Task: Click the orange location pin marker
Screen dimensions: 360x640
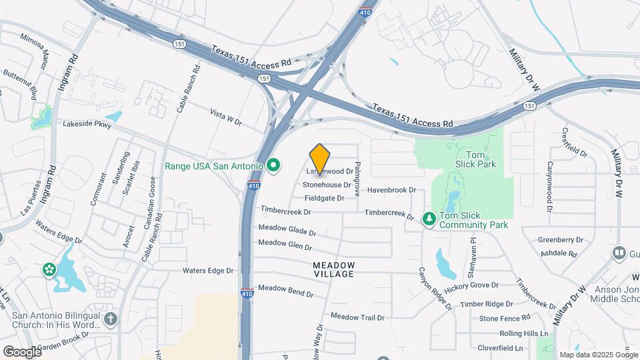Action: (320, 159)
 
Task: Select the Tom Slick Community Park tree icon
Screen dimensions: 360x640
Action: (429, 218)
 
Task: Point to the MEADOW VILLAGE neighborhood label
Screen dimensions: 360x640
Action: (334, 270)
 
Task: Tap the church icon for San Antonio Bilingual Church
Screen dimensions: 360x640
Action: (110, 319)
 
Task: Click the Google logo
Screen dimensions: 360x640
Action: (21, 351)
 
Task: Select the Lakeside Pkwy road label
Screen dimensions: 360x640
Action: (87, 124)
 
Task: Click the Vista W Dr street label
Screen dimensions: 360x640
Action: (225, 117)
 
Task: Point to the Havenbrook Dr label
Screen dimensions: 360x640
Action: (391, 190)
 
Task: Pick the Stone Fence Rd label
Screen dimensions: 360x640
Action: (505, 318)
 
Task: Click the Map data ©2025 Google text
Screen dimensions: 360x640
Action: (599, 355)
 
